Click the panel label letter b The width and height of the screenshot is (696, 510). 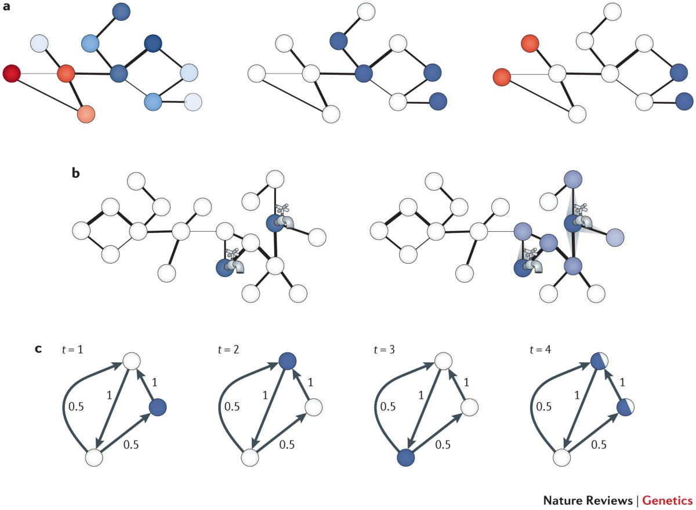coord(75,173)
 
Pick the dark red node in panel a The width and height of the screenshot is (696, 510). coord(12,74)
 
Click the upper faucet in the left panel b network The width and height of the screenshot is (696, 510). coord(284,216)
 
